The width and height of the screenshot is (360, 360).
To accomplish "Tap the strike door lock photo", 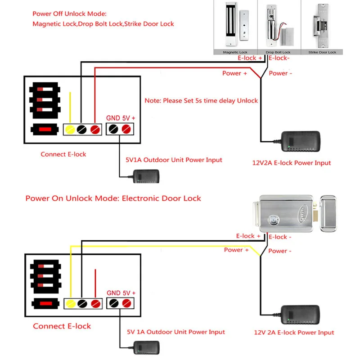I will click(322, 27).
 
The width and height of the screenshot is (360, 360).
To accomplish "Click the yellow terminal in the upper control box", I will click(70, 130).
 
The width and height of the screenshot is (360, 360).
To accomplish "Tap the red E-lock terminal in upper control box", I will click(94, 130).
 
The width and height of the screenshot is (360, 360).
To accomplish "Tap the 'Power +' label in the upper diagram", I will click(234, 73).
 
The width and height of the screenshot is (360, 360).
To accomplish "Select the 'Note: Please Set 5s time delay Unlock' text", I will click(201, 101).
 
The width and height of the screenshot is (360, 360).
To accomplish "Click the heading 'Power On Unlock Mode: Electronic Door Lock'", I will click(113, 198).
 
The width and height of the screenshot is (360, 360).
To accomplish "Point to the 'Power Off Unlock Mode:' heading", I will click(70, 14).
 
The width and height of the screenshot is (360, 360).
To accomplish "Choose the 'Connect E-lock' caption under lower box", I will click(62, 326).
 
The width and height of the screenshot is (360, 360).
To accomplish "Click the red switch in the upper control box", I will click(44, 130).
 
